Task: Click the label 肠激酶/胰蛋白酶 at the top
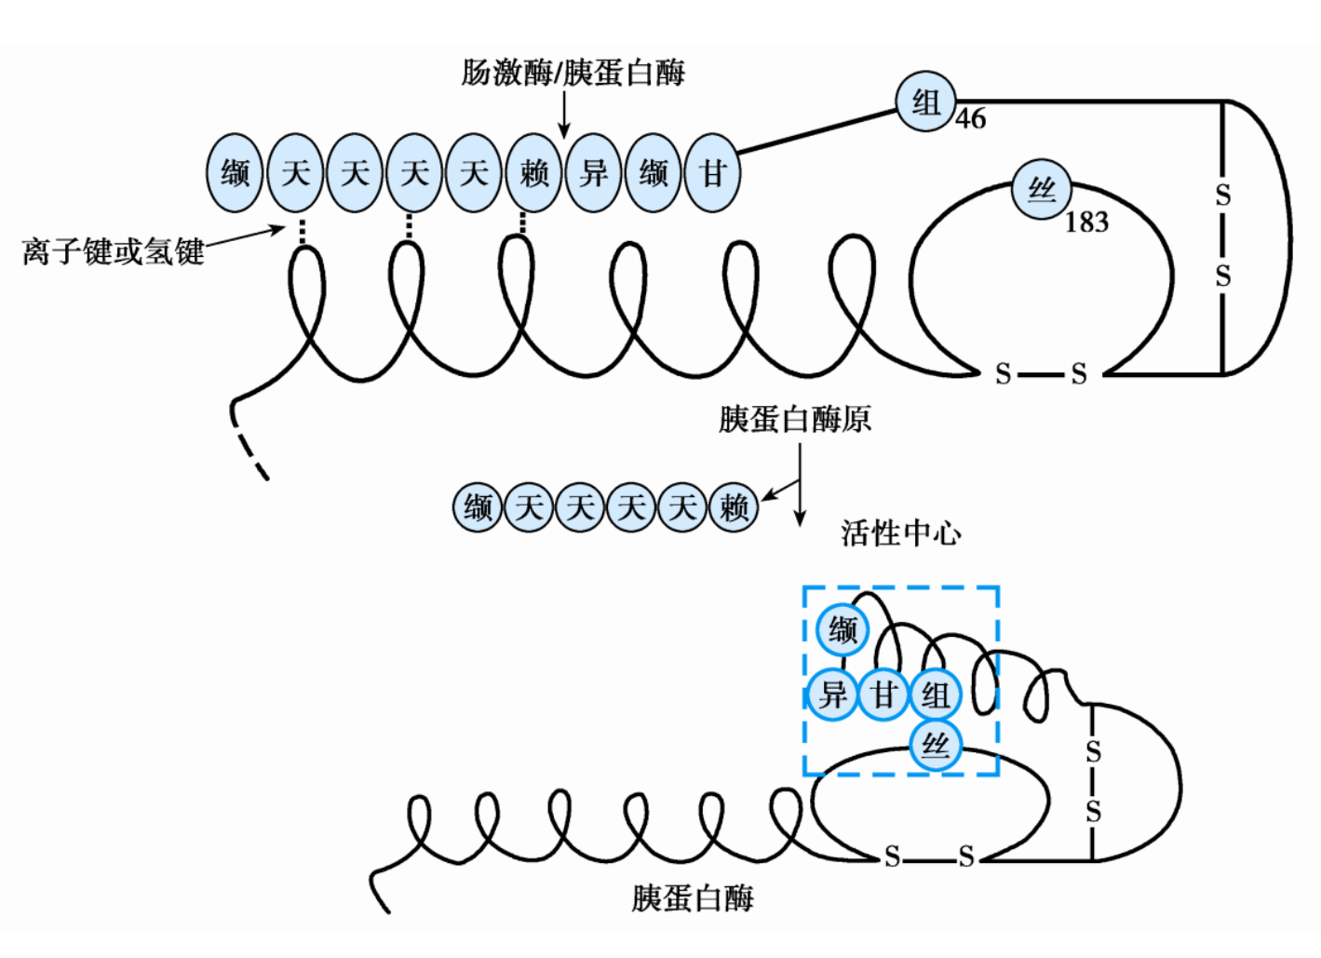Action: [573, 73]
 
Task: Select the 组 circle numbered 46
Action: [925, 101]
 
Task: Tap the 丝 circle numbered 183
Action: [1042, 190]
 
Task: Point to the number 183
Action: [1086, 223]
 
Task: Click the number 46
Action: [970, 119]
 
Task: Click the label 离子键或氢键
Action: [113, 251]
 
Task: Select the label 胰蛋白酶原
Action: [794, 420]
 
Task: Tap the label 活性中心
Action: [900, 533]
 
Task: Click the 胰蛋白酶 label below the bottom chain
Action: [693, 898]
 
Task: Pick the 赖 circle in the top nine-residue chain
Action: [534, 173]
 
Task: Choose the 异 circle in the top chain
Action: [594, 173]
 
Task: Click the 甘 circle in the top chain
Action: [713, 173]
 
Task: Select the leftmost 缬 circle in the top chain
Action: [235, 173]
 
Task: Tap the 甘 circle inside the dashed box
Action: [883, 695]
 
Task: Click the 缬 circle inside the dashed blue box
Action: [842, 630]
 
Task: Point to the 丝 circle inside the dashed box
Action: [935, 746]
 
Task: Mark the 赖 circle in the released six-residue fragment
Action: [734, 507]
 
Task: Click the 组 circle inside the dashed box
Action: [935, 695]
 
